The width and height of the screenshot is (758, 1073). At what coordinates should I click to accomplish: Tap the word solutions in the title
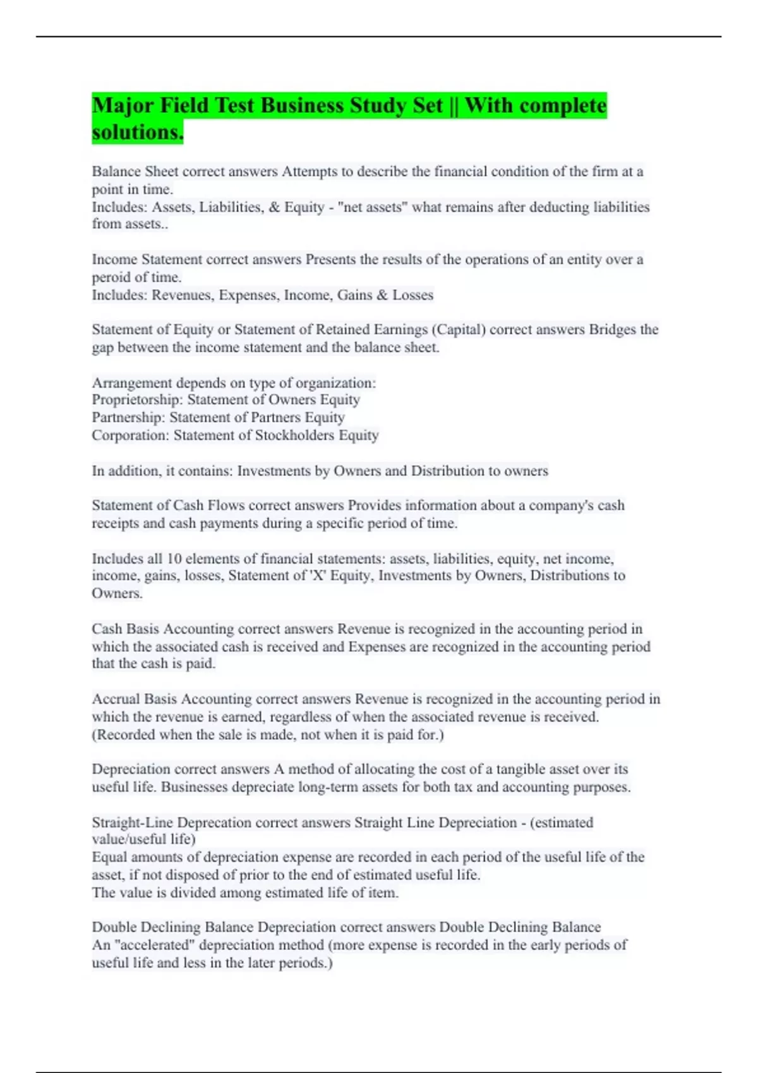click(x=137, y=132)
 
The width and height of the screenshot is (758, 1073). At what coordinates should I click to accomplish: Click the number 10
click(x=174, y=559)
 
